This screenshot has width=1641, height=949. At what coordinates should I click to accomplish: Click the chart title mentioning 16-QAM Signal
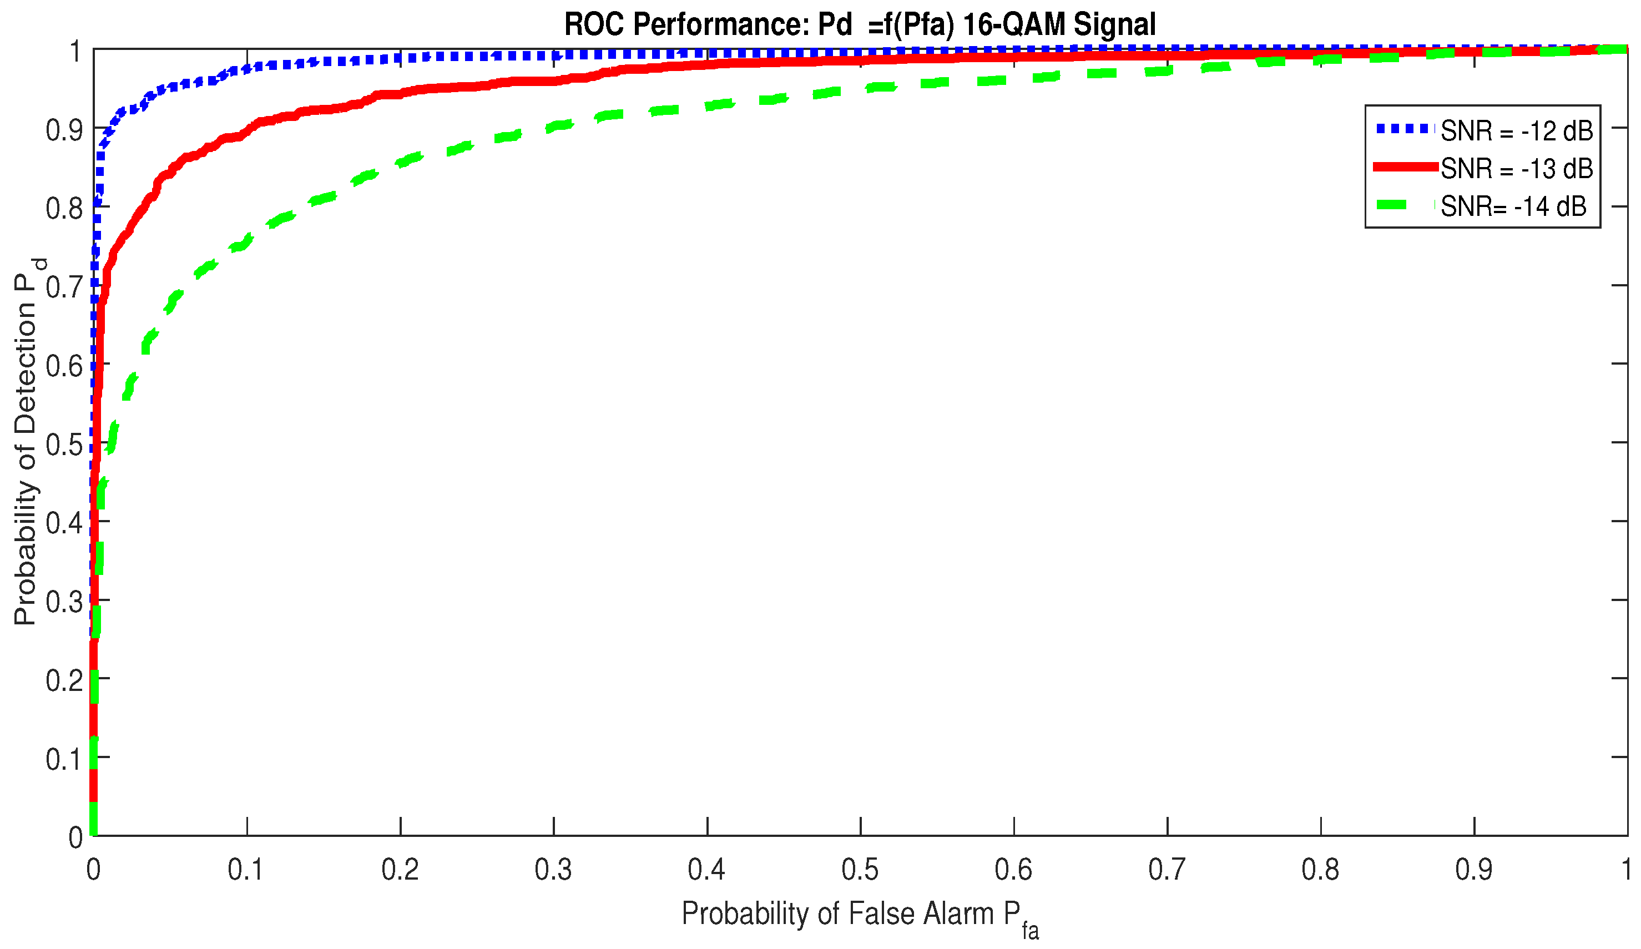(x=859, y=25)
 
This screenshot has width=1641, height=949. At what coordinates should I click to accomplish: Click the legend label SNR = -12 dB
(x=1516, y=131)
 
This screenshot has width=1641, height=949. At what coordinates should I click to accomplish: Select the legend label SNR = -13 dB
(x=1516, y=169)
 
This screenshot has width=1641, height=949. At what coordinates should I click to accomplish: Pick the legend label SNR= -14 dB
(x=1513, y=206)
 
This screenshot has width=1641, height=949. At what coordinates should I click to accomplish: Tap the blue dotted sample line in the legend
(x=1404, y=129)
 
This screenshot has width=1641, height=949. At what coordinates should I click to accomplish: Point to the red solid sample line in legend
(x=1404, y=166)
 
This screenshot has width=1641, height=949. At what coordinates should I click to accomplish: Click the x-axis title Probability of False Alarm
(x=859, y=915)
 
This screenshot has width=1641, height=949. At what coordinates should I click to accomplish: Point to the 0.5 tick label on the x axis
(x=860, y=870)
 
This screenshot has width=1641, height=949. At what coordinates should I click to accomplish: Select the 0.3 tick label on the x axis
(x=553, y=870)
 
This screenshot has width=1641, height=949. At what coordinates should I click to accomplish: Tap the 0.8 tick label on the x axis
(x=1320, y=870)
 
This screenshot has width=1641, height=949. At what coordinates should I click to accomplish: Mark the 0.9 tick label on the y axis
(x=64, y=130)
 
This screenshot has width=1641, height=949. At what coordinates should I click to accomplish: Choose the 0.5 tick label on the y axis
(x=64, y=445)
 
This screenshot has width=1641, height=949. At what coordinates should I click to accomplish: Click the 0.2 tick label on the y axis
(x=64, y=680)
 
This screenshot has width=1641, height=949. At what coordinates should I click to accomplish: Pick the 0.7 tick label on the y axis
(x=64, y=287)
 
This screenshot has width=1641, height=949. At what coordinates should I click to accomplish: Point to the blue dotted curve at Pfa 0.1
(x=247, y=68)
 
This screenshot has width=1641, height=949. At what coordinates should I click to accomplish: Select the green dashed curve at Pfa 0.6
(x=1014, y=79)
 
